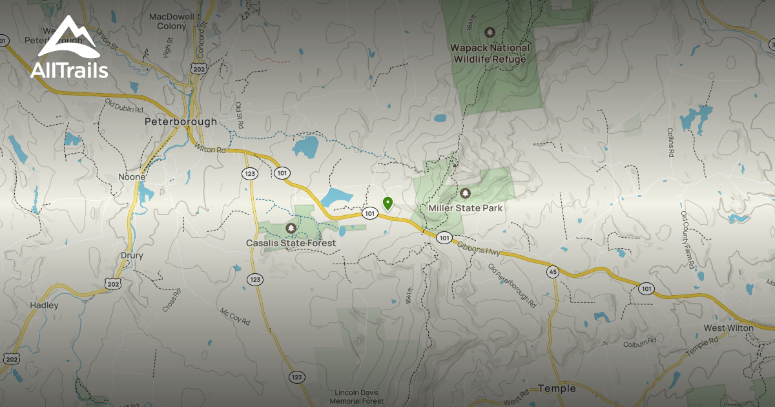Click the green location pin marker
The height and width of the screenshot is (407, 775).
click(387, 203)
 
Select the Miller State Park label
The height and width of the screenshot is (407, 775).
click(465, 208)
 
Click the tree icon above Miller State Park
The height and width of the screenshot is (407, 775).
click(465, 193)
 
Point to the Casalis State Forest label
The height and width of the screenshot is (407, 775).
click(291, 243)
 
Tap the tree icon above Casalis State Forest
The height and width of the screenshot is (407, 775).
click(291, 228)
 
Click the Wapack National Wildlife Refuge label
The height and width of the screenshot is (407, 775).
click(491, 53)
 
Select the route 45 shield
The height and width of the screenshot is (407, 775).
click(552, 272)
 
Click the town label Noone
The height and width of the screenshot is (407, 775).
click(132, 176)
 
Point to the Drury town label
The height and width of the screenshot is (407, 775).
click(132, 255)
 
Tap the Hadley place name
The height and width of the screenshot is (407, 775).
click(44, 305)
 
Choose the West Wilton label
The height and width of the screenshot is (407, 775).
click(728, 328)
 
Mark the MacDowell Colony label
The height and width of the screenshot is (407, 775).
click(167, 21)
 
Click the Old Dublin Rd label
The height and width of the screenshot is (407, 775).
click(123, 105)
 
